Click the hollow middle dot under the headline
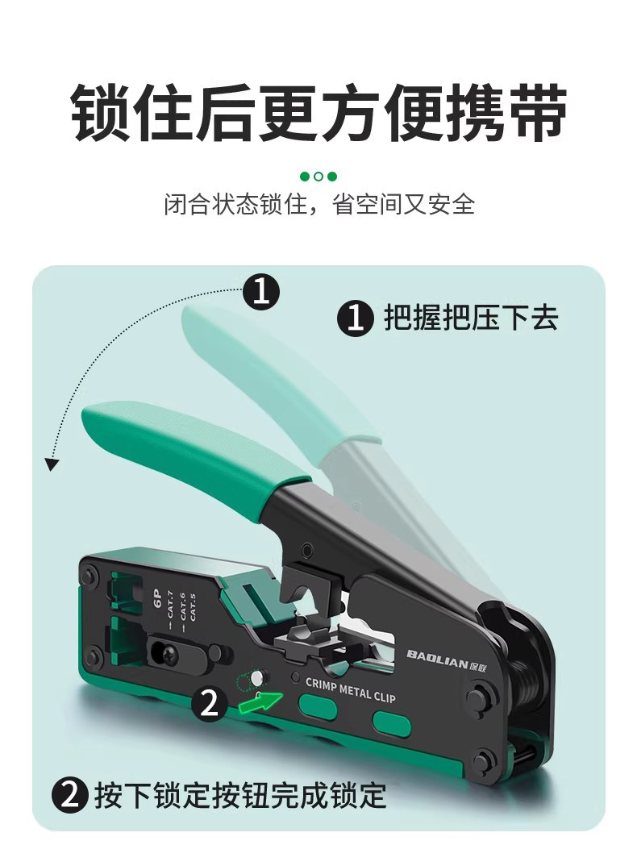318,177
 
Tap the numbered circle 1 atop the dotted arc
261,292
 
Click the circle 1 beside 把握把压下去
356,318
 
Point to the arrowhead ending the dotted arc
51,464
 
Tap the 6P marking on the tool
158,598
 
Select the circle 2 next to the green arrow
210,703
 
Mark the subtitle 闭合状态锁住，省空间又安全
319,204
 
